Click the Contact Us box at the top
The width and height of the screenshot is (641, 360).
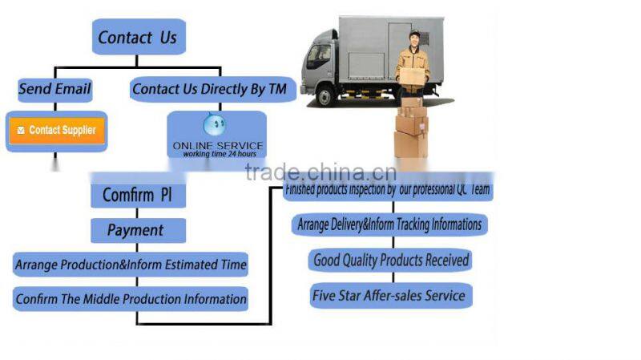coord(139,37)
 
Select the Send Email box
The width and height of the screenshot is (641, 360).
coord(54,88)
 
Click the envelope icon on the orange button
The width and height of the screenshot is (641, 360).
coord(21,130)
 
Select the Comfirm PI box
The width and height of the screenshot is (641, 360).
coord(138,194)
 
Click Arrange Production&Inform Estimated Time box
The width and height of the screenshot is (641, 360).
coord(131,264)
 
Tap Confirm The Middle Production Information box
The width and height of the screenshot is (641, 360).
coord(131,299)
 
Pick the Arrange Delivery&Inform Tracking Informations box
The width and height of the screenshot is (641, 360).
coord(389,224)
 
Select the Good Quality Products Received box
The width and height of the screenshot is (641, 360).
coord(390,260)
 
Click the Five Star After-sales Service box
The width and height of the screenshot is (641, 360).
coord(389,295)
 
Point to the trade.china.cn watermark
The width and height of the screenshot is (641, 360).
coord(320,172)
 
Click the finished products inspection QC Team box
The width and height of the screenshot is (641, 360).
coord(389,191)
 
